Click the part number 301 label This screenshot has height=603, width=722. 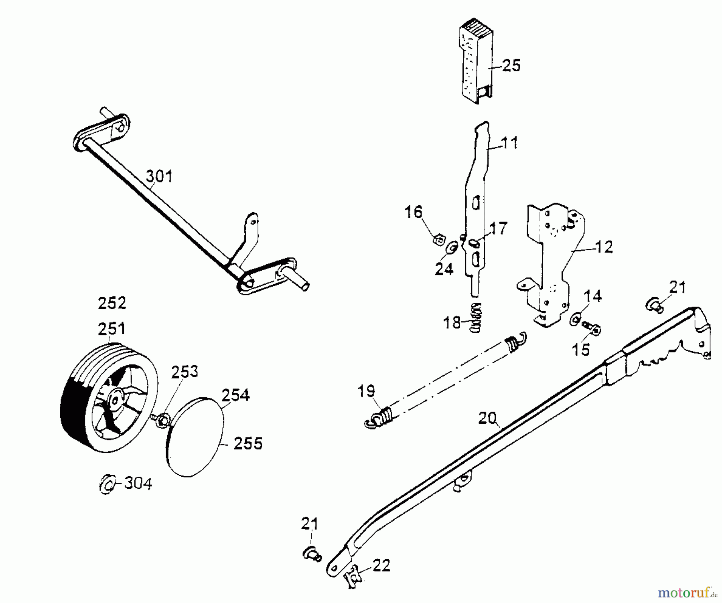pos(159,176)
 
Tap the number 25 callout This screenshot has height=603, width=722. pos(511,65)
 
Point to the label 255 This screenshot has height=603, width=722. pos(248,444)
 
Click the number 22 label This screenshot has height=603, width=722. pos(381,566)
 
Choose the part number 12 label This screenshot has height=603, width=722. pos(604,247)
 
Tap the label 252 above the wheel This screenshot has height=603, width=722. pos(112,303)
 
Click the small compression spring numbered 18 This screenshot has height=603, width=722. pos(476,317)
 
